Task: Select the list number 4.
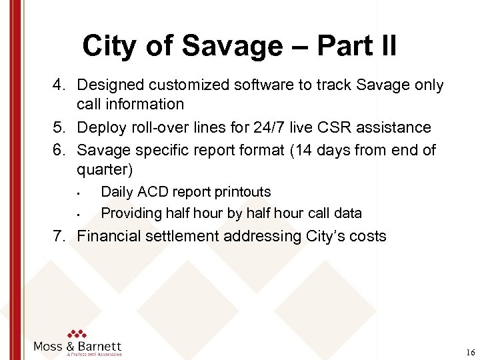coord(60,85)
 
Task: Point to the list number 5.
coord(60,127)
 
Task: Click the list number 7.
coord(60,236)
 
